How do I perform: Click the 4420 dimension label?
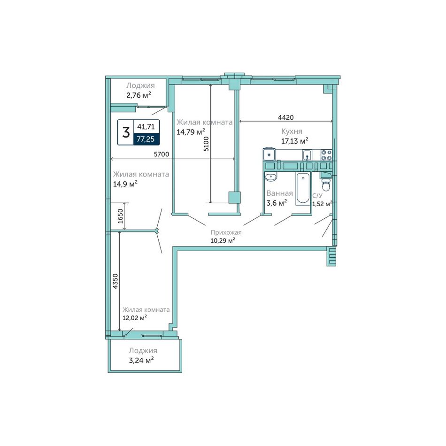pyautogui.click(x=285, y=117)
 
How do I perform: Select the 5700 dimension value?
pyautogui.click(x=161, y=154)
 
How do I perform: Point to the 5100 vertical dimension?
pyautogui.click(x=206, y=144)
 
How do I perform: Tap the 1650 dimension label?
pyautogui.click(x=120, y=216)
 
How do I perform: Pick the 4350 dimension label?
pyautogui.click(x=115, y=281)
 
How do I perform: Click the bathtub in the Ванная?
pyautogui.click(x=303, y=188)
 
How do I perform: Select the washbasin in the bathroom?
pyautogui.click(x=271, y=177)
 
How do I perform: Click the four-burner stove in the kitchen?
pyautogui.click(x=326, y=155)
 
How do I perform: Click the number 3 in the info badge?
pyautogui.click(x=126, y=132)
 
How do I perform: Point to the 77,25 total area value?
pyautogui.click(x=146, y=139)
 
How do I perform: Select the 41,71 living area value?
pyautogui.click(x=146, y=127)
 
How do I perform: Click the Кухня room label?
pyautogui.click(x=292, y=131)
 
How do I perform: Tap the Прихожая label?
pyautogui.click(x=226, y=232)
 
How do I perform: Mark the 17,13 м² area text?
pyautogui.click(x=295, y=141)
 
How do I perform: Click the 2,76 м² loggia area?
pyautogui.click(x=138, y=95)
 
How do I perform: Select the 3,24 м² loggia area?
pyautogui.click(x=141, y=361)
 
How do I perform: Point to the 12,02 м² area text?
pyautogui.click(x=135, y=318)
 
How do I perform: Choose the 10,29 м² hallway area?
pyautogui.click(x=223, y=241)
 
